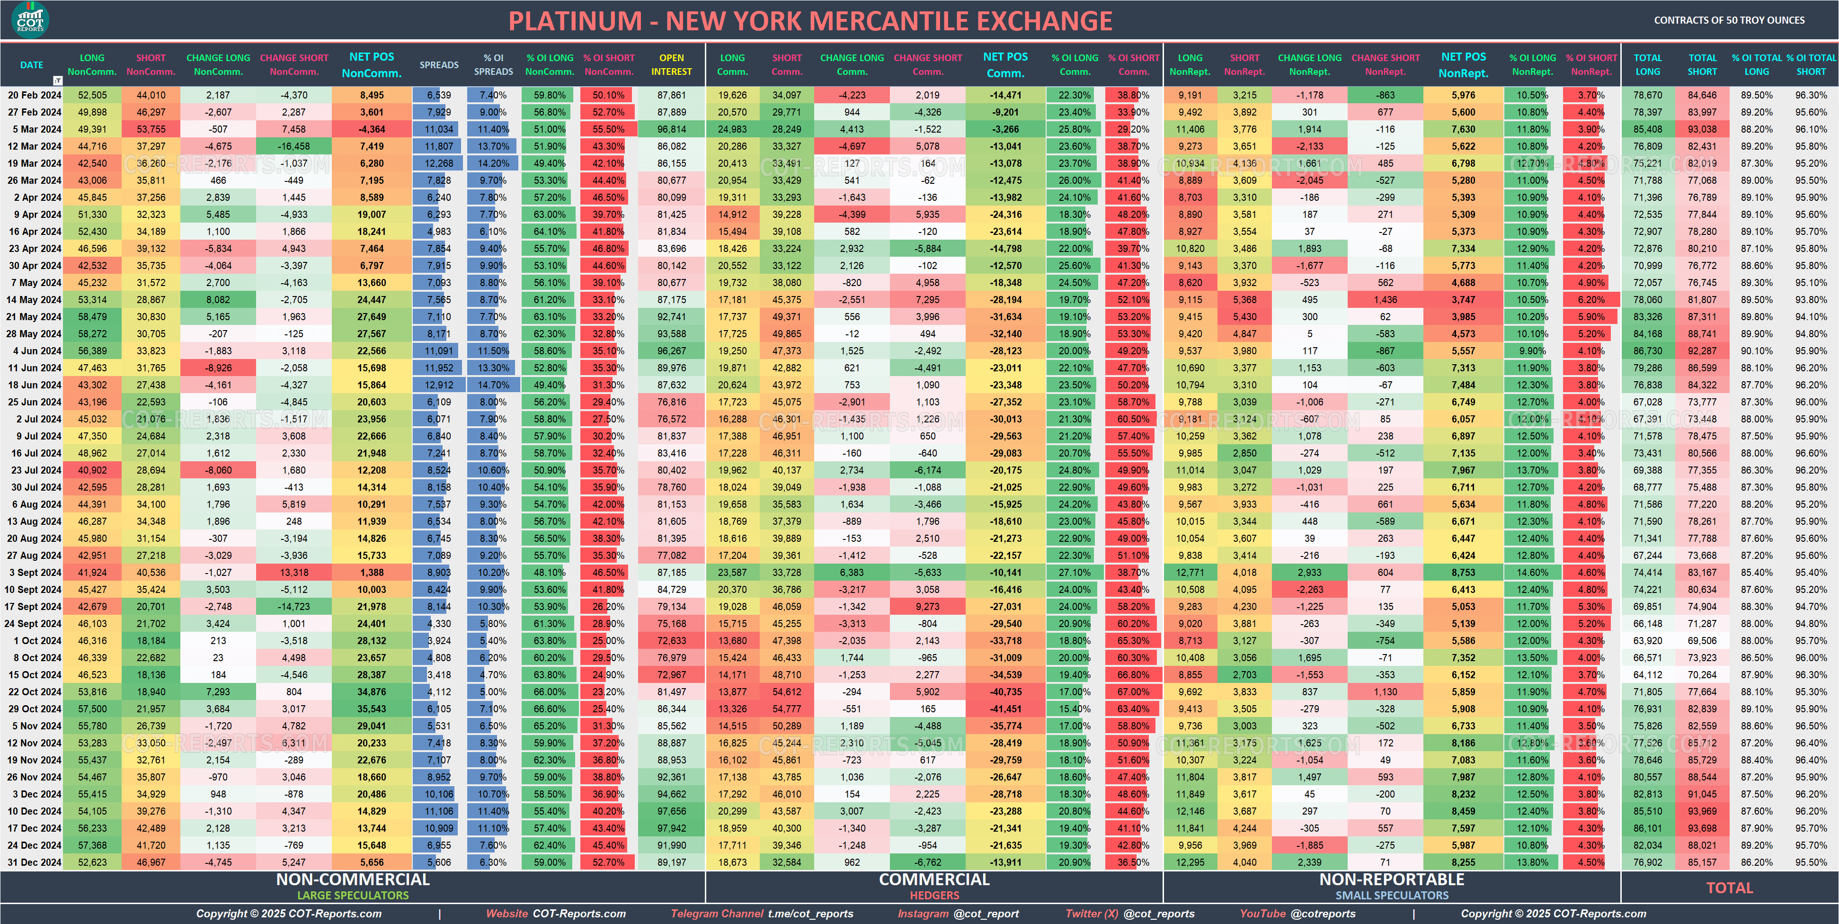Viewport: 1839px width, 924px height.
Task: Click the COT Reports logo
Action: [x=30, y=19]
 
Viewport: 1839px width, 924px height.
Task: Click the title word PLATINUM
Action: [x=575, y=21]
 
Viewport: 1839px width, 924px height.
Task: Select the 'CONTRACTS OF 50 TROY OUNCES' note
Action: [x=1729, y=20]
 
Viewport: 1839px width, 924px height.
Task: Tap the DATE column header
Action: [x=31, y=65]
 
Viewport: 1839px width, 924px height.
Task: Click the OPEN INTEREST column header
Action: [x=671, y=65]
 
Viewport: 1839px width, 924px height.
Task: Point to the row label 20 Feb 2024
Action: [x=34, y=95]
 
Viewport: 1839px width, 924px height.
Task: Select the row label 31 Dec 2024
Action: [x=34, y=862]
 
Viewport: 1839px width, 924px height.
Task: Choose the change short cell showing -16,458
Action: [x=293, y=146]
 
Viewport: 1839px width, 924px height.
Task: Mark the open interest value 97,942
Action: [x=671, y=828]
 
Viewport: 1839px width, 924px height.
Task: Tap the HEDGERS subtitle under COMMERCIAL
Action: [x=934, y=896]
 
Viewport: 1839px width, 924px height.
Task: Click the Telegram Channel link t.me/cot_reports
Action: [x=810, y=913]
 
